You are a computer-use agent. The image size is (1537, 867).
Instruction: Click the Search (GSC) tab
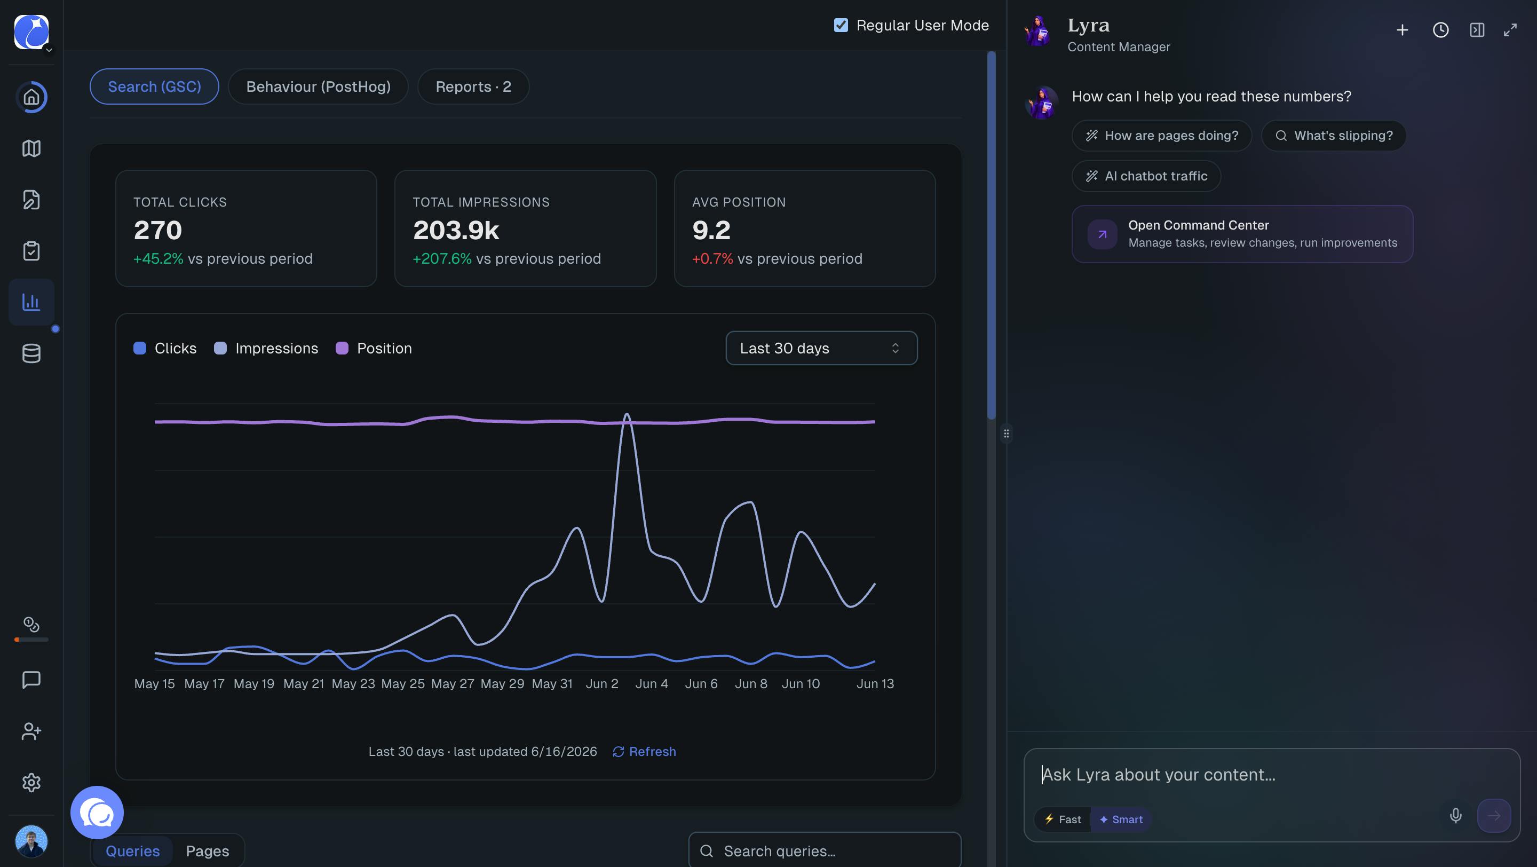click(x=154, y=86)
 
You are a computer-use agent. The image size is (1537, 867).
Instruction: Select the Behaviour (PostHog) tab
click(x=318, y=86)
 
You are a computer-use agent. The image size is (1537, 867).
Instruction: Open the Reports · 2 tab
click(x=473, y=86)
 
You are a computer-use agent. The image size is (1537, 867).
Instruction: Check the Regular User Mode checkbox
click(x=841, y=25)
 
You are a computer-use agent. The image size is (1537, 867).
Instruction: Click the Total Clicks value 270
click(x=157, y=230)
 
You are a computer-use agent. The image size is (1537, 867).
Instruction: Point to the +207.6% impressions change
click(x=442, y=258)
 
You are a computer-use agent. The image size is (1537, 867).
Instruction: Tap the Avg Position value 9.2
click(x=711, y=230)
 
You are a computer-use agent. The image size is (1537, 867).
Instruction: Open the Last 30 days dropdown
click(x=821, y=348)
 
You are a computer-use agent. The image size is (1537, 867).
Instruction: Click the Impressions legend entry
click(x=266, y=348)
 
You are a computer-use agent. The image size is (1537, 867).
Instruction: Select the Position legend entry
click(x=374, y=348)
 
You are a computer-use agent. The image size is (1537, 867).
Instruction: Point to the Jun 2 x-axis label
click(x=602, y=684)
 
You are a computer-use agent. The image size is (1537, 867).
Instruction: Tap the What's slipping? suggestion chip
click(x=1334, y=136)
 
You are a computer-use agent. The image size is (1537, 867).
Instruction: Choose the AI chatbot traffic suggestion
click(x=1146, y=176)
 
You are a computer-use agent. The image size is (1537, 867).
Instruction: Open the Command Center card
click(x=1242, y=234)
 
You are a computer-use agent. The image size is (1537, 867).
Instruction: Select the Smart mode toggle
click(x=1121, y=819)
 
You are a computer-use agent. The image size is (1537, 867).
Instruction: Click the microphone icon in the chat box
click(x=1456, y=815)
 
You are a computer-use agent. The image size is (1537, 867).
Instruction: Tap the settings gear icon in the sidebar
click(x=31, y=782)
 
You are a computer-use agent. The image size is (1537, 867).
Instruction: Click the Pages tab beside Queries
click(x=208, y=851)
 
